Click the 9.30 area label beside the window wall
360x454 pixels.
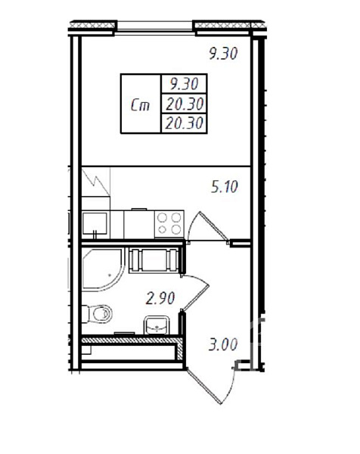[223, 54]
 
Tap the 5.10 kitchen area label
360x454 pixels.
[225, 186]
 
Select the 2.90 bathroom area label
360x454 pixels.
[160, 298]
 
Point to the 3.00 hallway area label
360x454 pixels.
[223, 344]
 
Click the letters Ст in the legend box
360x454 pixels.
[140, 105]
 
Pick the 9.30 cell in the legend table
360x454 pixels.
[184, 84]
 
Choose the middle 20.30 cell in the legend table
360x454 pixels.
[185, 104]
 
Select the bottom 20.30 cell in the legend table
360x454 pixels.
[184, 123]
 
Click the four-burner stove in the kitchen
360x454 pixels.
[169, 224]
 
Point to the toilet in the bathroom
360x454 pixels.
[97, 313]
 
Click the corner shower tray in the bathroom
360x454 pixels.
[103, 269]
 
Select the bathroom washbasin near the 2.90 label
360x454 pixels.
[157, 325]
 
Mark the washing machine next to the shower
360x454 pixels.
[154, 260]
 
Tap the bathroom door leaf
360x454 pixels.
[196, 293]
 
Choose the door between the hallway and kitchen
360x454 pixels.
[208, 226]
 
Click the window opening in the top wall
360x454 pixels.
[155, 28]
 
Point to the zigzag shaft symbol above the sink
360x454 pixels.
[96, 182]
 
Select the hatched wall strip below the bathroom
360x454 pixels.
[132, 340]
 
